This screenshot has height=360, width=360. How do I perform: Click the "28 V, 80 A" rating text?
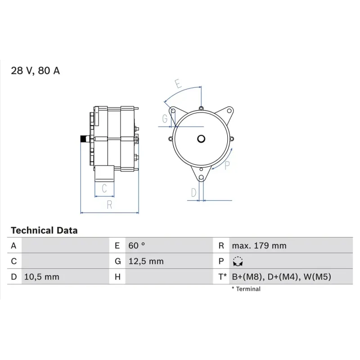click(35, 71)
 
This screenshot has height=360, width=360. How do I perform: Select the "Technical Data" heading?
click(44, 230)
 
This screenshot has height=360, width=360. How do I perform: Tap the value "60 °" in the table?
click(137, 246)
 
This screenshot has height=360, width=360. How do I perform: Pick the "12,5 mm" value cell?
click(146, 261)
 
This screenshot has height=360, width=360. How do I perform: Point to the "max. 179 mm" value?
click(259, 246)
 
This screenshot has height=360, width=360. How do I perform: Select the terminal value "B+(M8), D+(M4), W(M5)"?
click(281, 277)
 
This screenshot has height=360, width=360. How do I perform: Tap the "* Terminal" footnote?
click(246, 289)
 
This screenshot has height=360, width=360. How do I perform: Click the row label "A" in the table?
click(14, 246)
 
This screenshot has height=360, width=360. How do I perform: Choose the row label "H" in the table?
click(117, 277)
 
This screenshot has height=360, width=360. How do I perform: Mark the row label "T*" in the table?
click(222, 277)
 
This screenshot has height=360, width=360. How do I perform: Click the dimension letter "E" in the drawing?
click(178, 84)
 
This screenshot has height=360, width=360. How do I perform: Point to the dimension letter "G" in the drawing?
click(165, 119)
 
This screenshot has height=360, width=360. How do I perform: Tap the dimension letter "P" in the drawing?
click(227, 166)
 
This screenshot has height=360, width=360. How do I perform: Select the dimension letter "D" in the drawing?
click(193, 193)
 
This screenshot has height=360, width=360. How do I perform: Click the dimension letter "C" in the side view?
click(104, 189)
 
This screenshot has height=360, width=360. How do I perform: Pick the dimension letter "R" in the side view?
click(109, 205)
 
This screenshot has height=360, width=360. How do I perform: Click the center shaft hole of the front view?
click(201, 139)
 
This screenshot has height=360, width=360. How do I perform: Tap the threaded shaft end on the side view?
click(83, 139)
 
